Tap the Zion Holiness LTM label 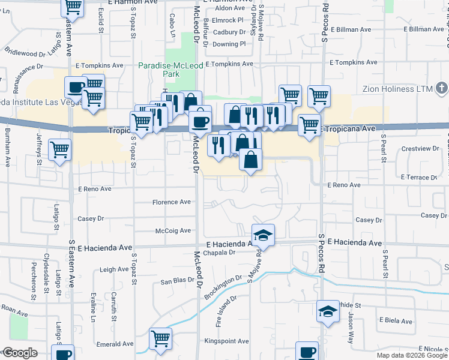point(398,89)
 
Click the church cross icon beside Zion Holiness point(442,89)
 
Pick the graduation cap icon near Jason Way point(328,311)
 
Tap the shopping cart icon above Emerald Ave point(160,339)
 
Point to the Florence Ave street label point(171,202)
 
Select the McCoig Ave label point(173,231)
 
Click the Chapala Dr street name point(221,253)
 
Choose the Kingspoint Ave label point(227,341)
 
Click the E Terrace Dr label point(420,178)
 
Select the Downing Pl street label point(229,44)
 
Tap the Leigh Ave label point(114,270)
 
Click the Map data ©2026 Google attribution point(411,355)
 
